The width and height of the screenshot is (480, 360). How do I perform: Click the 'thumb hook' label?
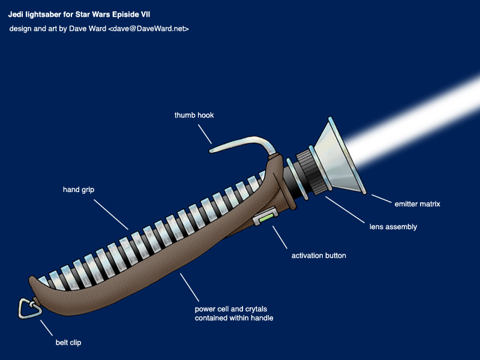pyautogui.click(x=194, y=115)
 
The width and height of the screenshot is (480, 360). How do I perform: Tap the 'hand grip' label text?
pyautogui.click(x=79, y=190)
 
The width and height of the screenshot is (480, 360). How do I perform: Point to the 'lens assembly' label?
pyautogui.click(x=392, y=227)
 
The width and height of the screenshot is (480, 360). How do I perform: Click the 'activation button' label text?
pyautogui.click(x=319, y=256)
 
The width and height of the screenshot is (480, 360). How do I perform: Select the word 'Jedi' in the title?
pyautogui.click(x=16, y=13)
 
